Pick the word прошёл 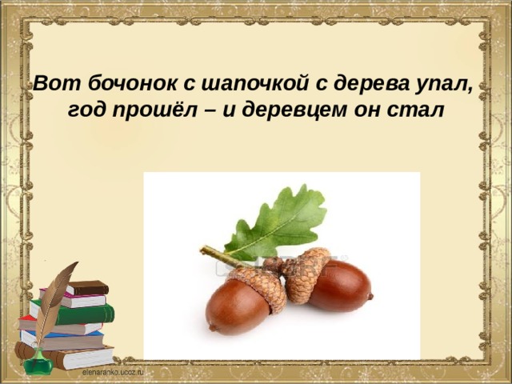coord(155,110)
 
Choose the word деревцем coord(294,110)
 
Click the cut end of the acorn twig coord(202,250)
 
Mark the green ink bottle coord(38,362)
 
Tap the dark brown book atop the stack coord(88,288)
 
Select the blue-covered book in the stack coord(62,339)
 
